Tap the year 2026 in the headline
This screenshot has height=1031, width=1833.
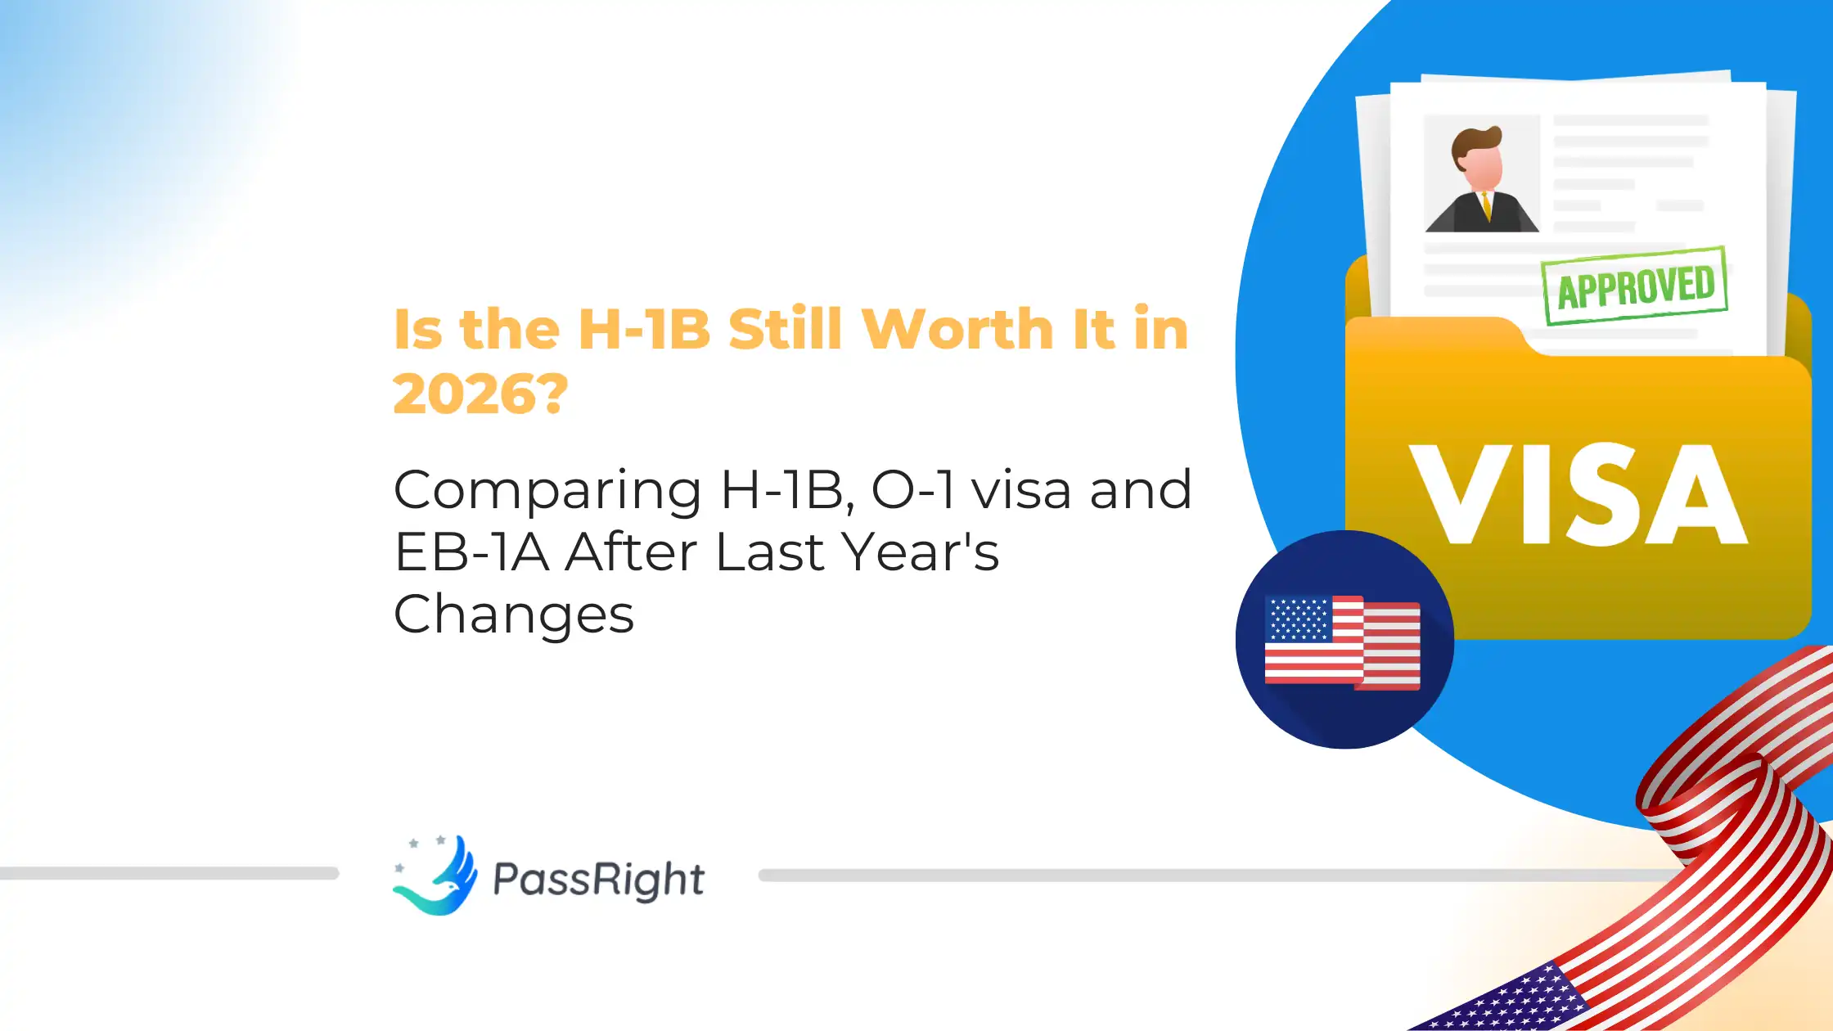pos(467,394)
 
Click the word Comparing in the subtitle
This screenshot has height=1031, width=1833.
pos(547,491)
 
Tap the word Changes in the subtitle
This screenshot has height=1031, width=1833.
pos(514,615)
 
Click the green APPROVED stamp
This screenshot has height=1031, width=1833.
pos(1635,286)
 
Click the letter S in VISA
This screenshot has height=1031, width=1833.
pos(1606,494)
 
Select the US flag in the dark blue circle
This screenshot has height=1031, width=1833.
pos(1342,642)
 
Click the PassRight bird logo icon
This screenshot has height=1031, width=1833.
pos(436,876)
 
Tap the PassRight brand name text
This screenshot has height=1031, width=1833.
pos(598,880)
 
